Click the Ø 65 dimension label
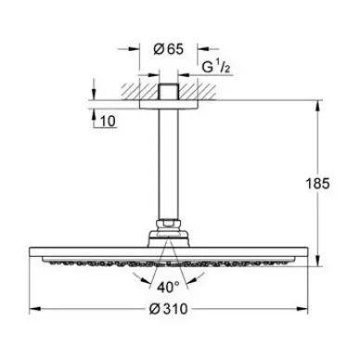point(168,49)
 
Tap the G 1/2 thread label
point(216,67)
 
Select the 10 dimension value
point(108,121)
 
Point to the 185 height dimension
point(318,184)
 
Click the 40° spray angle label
point(168,288)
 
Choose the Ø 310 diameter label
point(168,309)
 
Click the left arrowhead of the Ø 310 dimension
point(35,309)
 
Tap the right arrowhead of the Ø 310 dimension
point(302,309)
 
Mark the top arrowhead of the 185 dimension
point(318,107)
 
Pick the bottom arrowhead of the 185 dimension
point(318,260)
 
